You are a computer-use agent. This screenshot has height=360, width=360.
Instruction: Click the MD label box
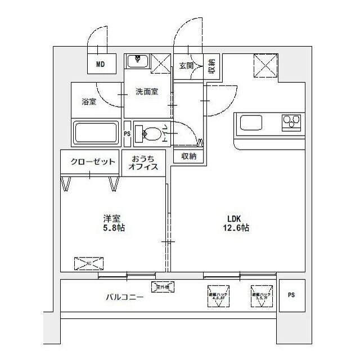pyautogui.click(x=100, y=64)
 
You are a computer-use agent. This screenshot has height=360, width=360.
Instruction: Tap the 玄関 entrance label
pyautogui.click(x=186, y=65)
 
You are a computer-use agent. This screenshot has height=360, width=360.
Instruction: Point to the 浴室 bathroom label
pyautogui.click(x=89, y=102)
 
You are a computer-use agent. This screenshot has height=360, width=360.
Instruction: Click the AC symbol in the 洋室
pyautogui.click(x=89, y=263)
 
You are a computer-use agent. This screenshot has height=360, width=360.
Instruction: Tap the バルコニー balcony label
pyautogui.click(x=124, y=296)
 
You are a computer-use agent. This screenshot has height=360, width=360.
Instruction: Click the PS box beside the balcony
pyautogui.click(x=291, y=295)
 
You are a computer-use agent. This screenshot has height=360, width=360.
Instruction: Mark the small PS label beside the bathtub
pyautogui.click(x=127, y=133)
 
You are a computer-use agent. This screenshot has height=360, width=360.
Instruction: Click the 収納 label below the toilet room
pyautogui.click(x=188, y=156)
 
